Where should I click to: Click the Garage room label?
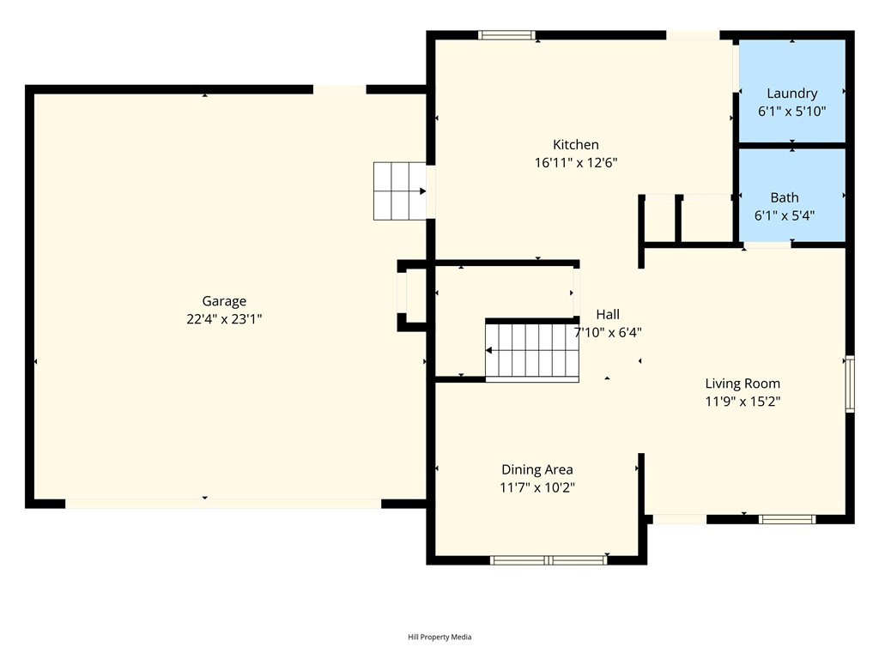pos(224,301)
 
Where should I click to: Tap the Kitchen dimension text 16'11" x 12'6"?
pos(576,163)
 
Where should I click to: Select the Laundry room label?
pos(792,94)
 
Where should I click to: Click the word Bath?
pos(785,198)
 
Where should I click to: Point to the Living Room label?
pos(743,384)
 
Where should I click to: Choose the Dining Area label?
pos(537,469)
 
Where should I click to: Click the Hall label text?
pos(608,314)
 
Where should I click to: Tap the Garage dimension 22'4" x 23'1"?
pos(224,319)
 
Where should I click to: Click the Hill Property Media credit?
pos(439,638)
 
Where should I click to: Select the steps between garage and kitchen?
pos(400,191)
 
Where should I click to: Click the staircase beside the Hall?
pos(532,351)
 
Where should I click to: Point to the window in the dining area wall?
pos(549,559)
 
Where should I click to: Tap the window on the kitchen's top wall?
pos(506,35)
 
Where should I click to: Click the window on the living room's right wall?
pos(850,384)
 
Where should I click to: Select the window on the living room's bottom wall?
pos(787,519)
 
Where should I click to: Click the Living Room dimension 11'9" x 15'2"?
pos(743,402)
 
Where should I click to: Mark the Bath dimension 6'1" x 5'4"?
pos(785,215)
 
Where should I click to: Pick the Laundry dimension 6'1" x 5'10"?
pos(792,112)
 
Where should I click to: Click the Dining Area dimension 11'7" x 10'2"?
pos(537,487)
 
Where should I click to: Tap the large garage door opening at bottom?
pos(223,504)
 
